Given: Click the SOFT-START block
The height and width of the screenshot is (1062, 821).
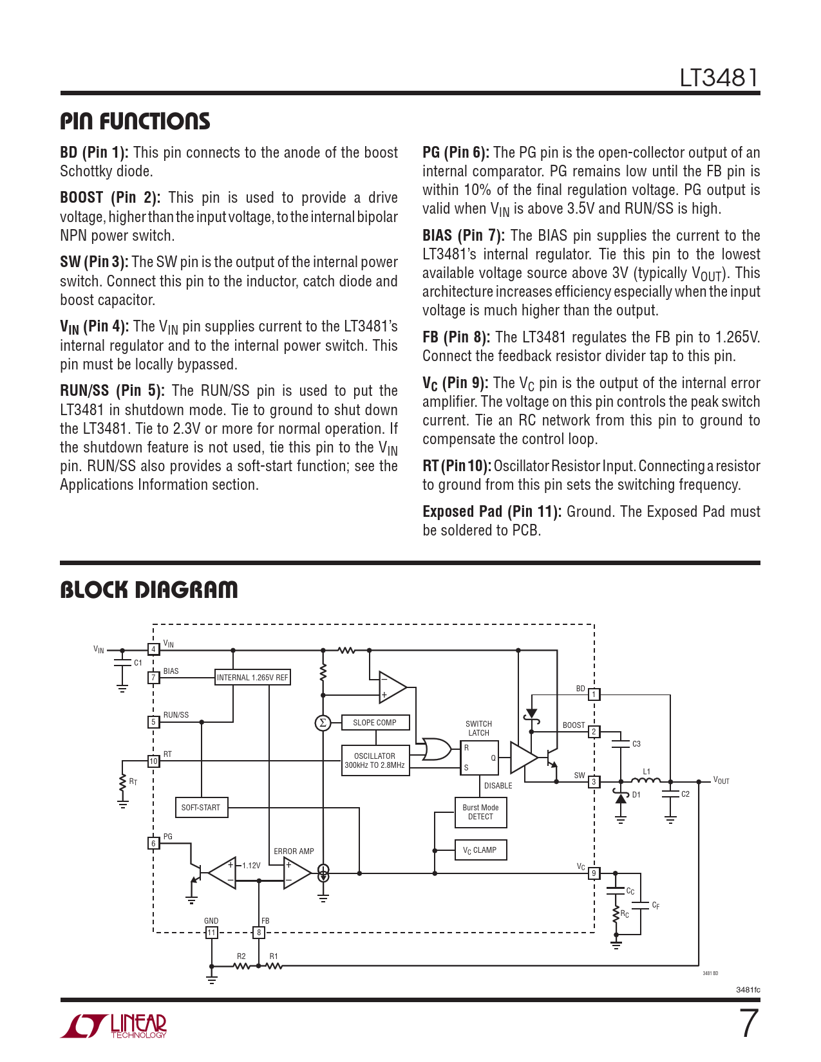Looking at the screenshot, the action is point(201,807).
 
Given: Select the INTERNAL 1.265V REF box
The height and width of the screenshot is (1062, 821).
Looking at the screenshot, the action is point(252,677).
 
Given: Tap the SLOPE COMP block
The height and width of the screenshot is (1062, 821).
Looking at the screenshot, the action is point(375,722).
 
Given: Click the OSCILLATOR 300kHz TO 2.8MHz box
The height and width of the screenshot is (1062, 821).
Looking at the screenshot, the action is point(375,761).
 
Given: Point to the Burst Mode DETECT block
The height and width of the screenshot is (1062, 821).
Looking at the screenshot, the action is point(480,812).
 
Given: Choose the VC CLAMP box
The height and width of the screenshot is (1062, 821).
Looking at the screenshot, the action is point(480,850).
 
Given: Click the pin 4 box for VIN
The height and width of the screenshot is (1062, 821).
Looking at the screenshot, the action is point(153,649).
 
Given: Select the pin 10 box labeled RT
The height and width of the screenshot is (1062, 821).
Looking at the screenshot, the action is point(153,761).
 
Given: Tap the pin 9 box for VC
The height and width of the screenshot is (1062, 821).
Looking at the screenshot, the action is point(594,873).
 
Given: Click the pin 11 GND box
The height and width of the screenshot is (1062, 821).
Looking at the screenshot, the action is point(211,933).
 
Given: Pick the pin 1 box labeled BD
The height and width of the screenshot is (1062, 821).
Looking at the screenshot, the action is point(594,694).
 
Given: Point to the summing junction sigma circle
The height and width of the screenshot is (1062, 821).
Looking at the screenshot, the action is point(323,723).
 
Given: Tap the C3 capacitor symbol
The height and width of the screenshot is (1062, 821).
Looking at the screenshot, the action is point(621,744).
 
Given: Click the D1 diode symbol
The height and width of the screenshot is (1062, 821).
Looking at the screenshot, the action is point(621,797).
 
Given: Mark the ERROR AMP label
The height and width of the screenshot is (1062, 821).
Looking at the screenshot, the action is point(294,852).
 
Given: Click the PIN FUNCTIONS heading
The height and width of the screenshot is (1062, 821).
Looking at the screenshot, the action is point(135,121).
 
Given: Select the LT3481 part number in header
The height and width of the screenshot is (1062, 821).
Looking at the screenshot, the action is point(719,78).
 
